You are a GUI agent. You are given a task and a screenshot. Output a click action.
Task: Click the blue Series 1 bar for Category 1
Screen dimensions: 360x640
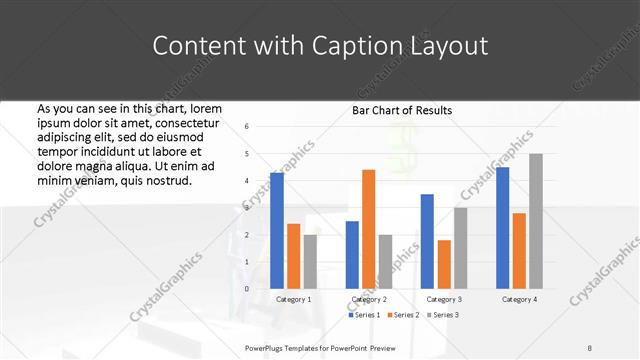[277, 231]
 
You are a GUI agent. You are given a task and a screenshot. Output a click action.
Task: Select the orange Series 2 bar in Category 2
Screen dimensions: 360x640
[368, 229]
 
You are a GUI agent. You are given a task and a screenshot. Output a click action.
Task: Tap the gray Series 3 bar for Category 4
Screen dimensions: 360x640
[536, 221]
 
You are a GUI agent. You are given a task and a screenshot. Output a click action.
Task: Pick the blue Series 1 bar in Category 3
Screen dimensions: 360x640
[427, 241]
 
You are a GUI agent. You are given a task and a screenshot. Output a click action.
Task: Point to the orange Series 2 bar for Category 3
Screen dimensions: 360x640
[444, 264]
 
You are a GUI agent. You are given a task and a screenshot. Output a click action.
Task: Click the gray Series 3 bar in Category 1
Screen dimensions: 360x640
[310, 261]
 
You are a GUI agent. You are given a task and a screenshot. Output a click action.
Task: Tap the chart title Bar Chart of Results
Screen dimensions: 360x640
[402, 110]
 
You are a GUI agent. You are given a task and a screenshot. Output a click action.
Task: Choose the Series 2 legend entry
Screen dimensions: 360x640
[402, 315]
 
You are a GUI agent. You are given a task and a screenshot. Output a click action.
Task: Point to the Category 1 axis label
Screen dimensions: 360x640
[293, 299]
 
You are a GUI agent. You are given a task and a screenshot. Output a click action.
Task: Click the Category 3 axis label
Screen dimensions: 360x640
[444, 299]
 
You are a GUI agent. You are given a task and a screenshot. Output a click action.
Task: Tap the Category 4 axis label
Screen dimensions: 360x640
[519, 299]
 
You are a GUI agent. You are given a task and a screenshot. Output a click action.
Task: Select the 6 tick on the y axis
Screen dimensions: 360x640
[246, 127]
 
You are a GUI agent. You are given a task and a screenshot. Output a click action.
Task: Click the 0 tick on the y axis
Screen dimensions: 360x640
[246, 289]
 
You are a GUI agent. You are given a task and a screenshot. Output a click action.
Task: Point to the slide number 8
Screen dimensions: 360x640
[590, 347]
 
